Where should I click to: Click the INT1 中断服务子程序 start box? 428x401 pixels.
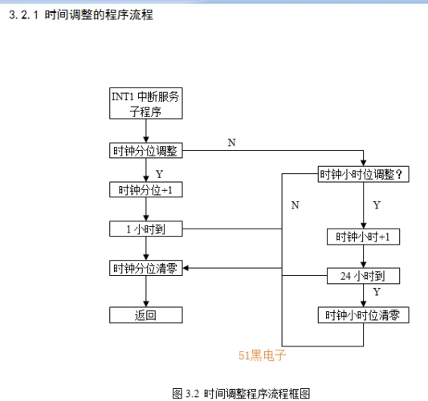point(145,103)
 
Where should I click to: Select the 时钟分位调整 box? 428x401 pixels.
point(145,151)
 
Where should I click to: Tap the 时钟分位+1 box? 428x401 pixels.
point(145,190)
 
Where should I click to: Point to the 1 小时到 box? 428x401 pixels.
point(145,229)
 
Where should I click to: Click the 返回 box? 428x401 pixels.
point(145,315)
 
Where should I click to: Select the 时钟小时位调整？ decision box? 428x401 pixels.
point(364,174)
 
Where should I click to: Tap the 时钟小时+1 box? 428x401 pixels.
point(364,237)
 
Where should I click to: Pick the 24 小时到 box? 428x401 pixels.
point(364,276)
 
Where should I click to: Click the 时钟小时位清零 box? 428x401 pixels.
point(364,315)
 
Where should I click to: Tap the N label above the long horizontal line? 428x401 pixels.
point(232,143)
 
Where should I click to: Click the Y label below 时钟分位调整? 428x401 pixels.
point(159,172)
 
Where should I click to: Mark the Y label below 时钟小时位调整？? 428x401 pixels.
point(377,205)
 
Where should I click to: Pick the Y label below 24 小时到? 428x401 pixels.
point(377,293)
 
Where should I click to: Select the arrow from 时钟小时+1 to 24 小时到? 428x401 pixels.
point(364,257)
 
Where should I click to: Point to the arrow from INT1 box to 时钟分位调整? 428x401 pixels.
point(145,132)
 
